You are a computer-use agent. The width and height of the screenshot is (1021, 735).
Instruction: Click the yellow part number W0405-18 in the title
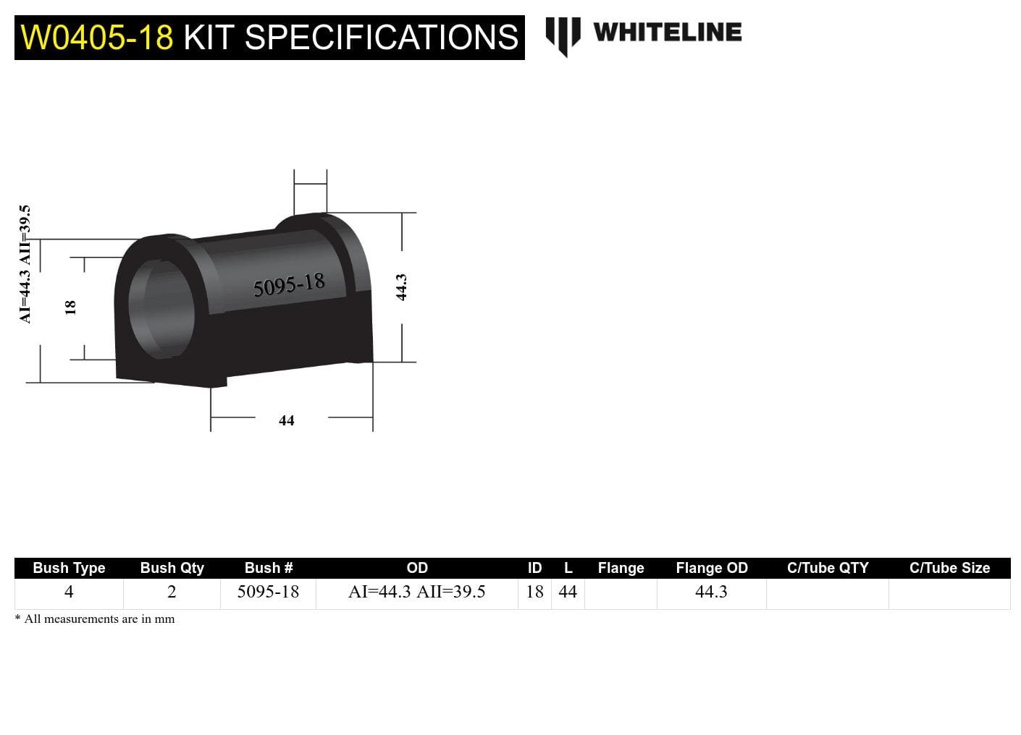pyautogui.click(x=97, y=38)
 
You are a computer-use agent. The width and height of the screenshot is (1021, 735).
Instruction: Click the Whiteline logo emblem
pyautogui.click(x=562, y=35)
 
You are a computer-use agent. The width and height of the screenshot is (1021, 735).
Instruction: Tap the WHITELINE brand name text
pyautogui.click(x=667, y=33)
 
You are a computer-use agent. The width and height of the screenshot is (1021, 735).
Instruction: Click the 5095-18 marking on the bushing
pyautogui.click(x=289, y=285)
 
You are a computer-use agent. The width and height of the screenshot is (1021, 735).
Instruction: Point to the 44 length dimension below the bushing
pyautogui.click(x=287, y=420)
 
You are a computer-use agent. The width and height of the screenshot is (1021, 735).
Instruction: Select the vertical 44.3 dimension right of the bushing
pyautogui.click(x=401, y=287)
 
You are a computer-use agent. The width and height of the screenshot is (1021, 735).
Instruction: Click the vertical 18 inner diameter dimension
pyautogui.click(x=70, y=307)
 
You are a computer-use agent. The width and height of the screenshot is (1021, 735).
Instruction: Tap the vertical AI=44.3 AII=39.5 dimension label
pyautogui.click(x=25, y=264)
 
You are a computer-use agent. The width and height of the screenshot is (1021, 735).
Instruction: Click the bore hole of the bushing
pyautogui.click(x=162, y=308)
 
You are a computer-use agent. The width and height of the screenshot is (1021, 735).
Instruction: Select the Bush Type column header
pyautogui.click(x=69, y=568)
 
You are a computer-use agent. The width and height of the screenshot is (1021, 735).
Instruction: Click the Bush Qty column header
pyautogui.click(x=172, y=568)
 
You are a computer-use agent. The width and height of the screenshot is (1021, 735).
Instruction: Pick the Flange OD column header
pyautogui.click(x=711, y=568)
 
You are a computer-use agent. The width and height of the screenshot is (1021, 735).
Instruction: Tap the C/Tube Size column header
pyautogui.click(x=949, y=568)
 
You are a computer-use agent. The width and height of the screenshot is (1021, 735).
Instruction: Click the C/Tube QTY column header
pyautogui.click(x=827, y=568)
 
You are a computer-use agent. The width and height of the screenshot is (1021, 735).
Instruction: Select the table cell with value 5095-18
pyautogui.click(x=268, y=592)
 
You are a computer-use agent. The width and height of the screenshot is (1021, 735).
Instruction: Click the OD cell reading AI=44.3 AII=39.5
pyautogui.click(x=416, y=592)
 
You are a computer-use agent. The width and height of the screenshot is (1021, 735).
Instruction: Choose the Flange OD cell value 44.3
pyautogui.click(x=711, y=592)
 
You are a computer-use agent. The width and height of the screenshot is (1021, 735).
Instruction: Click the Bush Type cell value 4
pyautogui.click(x=69, y=592)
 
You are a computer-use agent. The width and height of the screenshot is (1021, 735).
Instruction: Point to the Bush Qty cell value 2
pyautogui.click(x=172, y=592)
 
